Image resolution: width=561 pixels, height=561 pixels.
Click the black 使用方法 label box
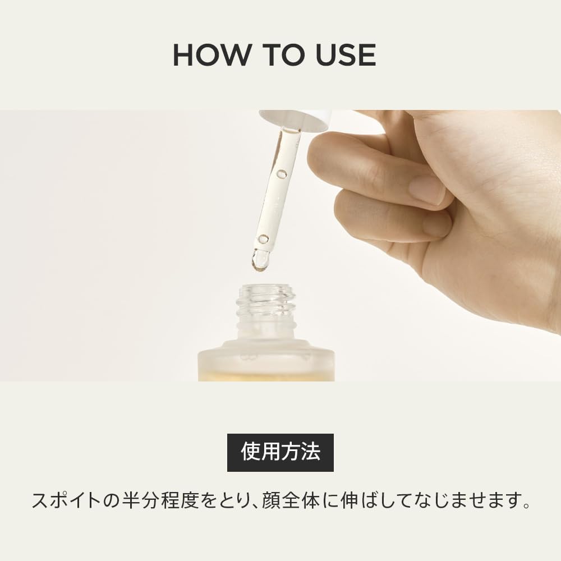point(280,452)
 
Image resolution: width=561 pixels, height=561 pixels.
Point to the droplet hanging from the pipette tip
point(260,260)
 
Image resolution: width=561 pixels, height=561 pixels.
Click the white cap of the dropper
point(295,120)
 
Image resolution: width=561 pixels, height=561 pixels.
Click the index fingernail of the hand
point(427,190)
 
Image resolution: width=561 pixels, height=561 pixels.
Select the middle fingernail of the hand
point(436,224)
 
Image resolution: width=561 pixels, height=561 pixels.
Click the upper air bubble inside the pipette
point(282,174)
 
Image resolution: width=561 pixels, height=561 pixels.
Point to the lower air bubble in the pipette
point(263,239)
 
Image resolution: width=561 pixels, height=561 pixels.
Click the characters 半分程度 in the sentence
point(162,500)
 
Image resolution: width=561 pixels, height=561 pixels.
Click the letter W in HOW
point(236,55)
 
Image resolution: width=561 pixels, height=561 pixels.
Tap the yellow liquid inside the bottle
point(266,376)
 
